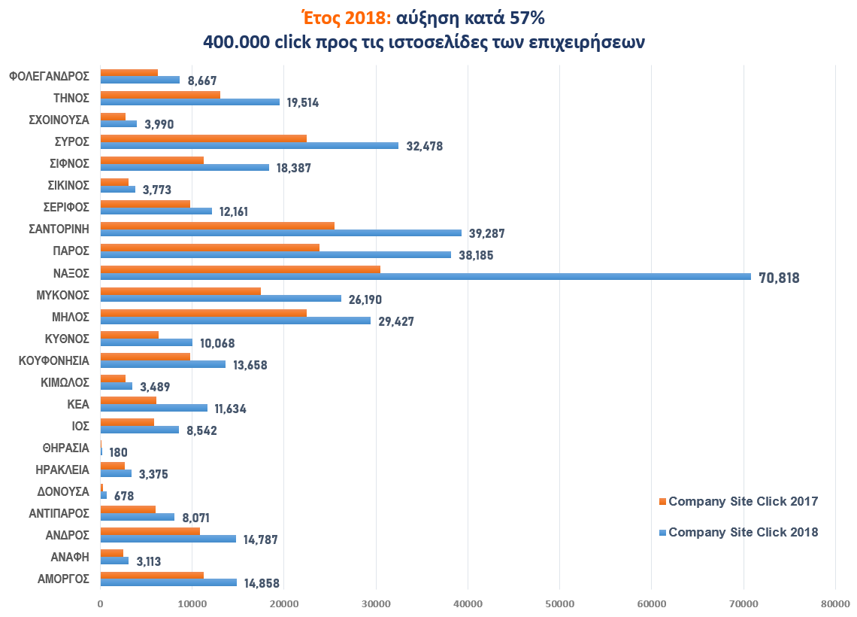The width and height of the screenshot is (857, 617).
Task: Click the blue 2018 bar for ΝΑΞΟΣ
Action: coord(425,276)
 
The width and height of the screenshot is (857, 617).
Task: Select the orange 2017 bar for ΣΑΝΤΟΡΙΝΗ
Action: coord(217,225)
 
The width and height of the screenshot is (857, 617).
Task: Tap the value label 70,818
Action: coord(778,278)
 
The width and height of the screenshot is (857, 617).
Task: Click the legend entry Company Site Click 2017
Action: coord(743,501)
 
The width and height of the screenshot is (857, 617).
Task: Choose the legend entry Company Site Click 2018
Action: coord(743,532)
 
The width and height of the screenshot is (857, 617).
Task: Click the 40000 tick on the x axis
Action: coord(468,603)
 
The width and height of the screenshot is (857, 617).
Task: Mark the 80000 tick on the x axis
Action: coord(834,603)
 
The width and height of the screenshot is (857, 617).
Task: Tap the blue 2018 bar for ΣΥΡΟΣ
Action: coord(249,145)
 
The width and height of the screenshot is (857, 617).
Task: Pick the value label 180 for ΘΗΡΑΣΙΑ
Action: coord(118,453)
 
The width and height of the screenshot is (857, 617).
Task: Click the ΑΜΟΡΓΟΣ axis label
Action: coord(64,579)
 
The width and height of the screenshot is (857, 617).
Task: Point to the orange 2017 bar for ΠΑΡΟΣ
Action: coord(210,247)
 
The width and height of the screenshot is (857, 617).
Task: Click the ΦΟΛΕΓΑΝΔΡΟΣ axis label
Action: coord(50,76)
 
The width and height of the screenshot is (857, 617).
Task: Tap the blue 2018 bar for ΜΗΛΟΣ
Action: coord(235,321)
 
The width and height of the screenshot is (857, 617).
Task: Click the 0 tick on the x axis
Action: coord(101,603)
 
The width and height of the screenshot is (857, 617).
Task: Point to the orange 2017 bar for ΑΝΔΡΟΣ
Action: coord(150,530)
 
